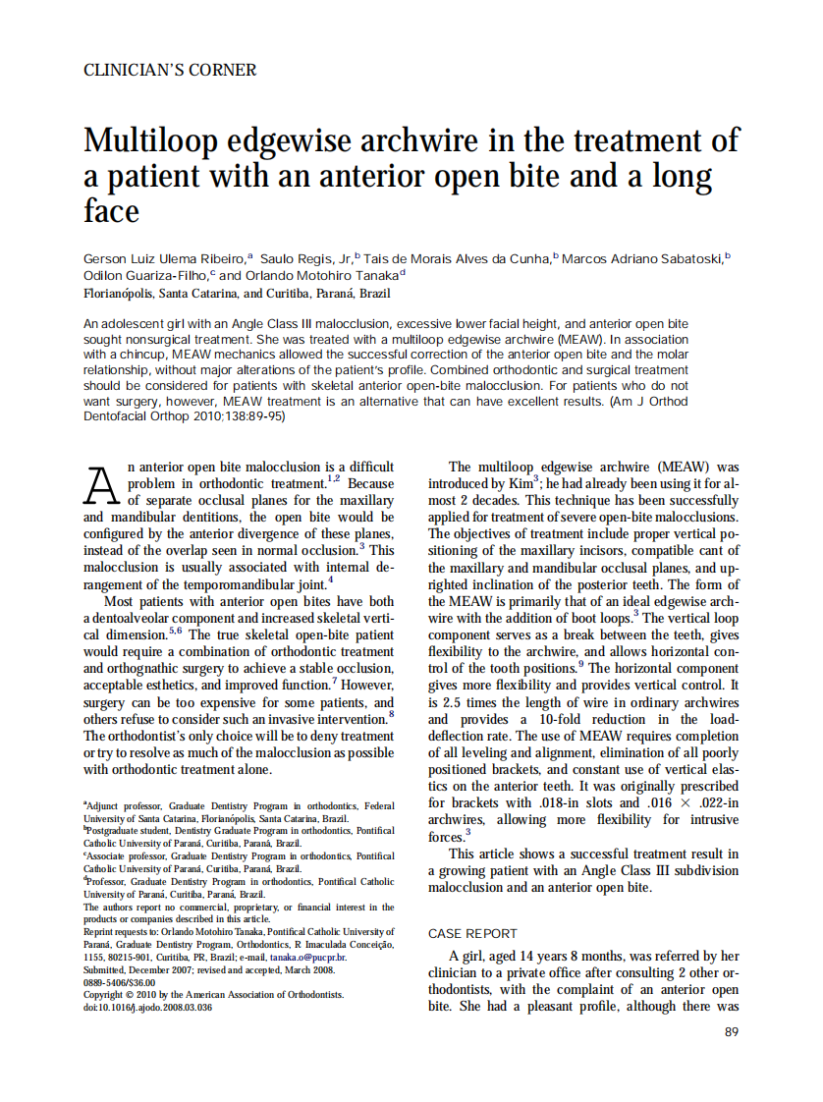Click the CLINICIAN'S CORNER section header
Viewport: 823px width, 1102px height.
tap(170, 71)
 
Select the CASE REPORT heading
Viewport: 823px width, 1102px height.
tap(472, 933)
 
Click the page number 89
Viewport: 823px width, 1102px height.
tap(731, 1031)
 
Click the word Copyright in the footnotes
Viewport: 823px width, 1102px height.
tap(107, 995)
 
